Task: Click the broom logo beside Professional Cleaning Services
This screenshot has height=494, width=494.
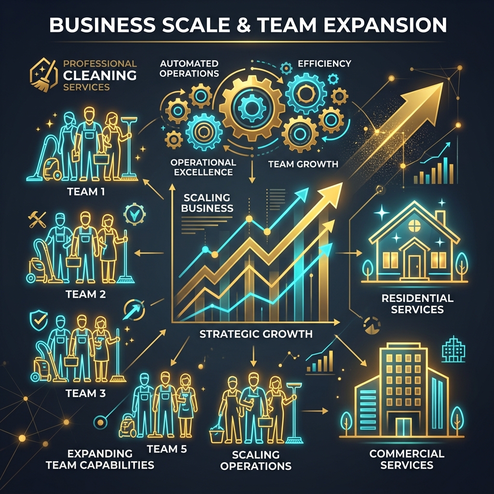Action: (x=44, y=75)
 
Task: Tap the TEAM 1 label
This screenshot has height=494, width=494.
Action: (x=86, y=192)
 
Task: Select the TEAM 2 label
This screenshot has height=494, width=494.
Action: (x=86, y=294)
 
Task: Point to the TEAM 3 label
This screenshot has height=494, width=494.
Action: (x=86, y=393)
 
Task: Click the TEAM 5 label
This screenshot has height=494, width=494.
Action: (x=167, y=449)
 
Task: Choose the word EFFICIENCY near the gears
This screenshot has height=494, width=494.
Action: (x=325, y=64)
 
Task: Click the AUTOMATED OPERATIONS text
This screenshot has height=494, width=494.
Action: (x=189, y=69)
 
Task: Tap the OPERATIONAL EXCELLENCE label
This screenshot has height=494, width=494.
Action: (x=203, y=167)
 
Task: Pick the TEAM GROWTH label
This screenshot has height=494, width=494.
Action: (x=303, y=164)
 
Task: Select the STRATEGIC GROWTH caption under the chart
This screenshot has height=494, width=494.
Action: (x=256, y=334)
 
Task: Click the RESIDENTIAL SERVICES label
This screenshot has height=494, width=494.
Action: (x=417, y=304)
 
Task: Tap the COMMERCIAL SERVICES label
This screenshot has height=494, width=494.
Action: (x=407, y=459)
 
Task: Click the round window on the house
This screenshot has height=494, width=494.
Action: (x=414, y=225)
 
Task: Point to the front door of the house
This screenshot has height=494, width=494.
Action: (x=414, y=266)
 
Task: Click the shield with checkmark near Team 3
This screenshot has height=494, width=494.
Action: (x=39, y=320)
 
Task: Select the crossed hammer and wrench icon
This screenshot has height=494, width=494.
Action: (x=37, y=220)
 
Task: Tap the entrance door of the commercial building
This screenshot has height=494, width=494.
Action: (x=404, y=427)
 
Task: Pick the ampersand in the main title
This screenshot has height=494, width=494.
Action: (x=243, y=25)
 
